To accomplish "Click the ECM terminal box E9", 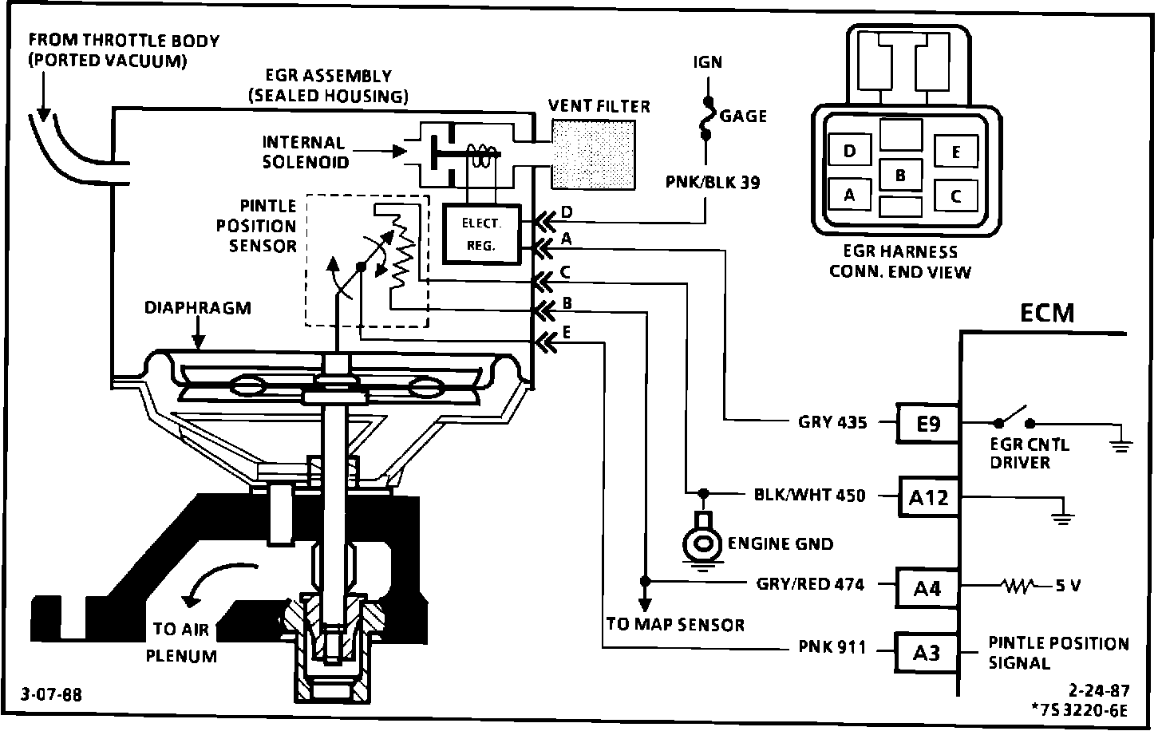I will click(927, 423).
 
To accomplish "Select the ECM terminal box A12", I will click(928, 497).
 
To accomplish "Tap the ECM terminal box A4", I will click(927, 588).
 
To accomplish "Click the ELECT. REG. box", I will click(481, 235).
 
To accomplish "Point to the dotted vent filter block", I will click(594, 153).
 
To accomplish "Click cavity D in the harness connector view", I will click(849, 151).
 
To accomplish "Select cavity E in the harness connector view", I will click(955, 152).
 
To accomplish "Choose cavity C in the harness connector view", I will click(955, 196).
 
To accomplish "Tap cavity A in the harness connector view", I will click(849, 195).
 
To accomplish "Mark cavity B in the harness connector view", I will click(900, 175).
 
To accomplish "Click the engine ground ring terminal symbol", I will click(702, 541).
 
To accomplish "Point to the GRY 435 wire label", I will click(832, 422).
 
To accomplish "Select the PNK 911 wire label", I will click(832, 647).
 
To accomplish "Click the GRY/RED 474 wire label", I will click(810, 584).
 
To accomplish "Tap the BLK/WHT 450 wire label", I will click(809, 496).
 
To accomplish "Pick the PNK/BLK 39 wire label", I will click(713, 183).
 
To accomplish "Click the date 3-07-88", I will click(51, 694).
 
